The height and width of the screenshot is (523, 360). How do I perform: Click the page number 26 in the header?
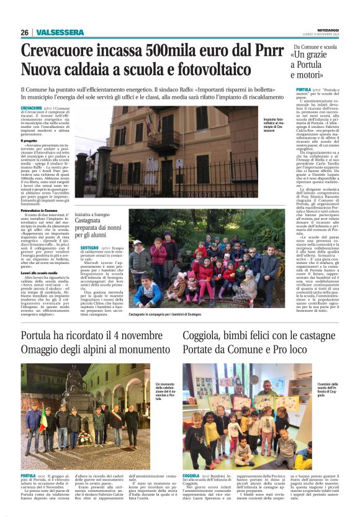24,32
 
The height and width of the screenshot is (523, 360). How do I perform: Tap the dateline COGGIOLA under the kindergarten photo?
191,475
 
